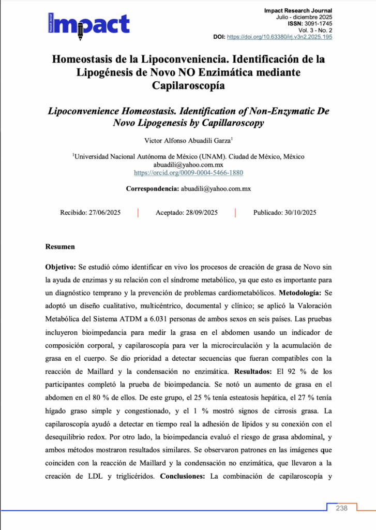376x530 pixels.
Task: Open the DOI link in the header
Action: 280,37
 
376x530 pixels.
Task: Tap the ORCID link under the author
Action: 188,172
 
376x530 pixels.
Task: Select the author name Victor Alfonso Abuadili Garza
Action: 187,140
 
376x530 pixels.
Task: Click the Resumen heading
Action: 60,247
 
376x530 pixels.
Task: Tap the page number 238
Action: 341,508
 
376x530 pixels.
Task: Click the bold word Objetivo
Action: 61,267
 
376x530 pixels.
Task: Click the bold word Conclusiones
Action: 183,476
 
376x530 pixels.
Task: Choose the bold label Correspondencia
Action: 152,189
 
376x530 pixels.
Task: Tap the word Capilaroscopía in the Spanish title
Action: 188,85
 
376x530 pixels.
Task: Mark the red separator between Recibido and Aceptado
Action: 138,213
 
